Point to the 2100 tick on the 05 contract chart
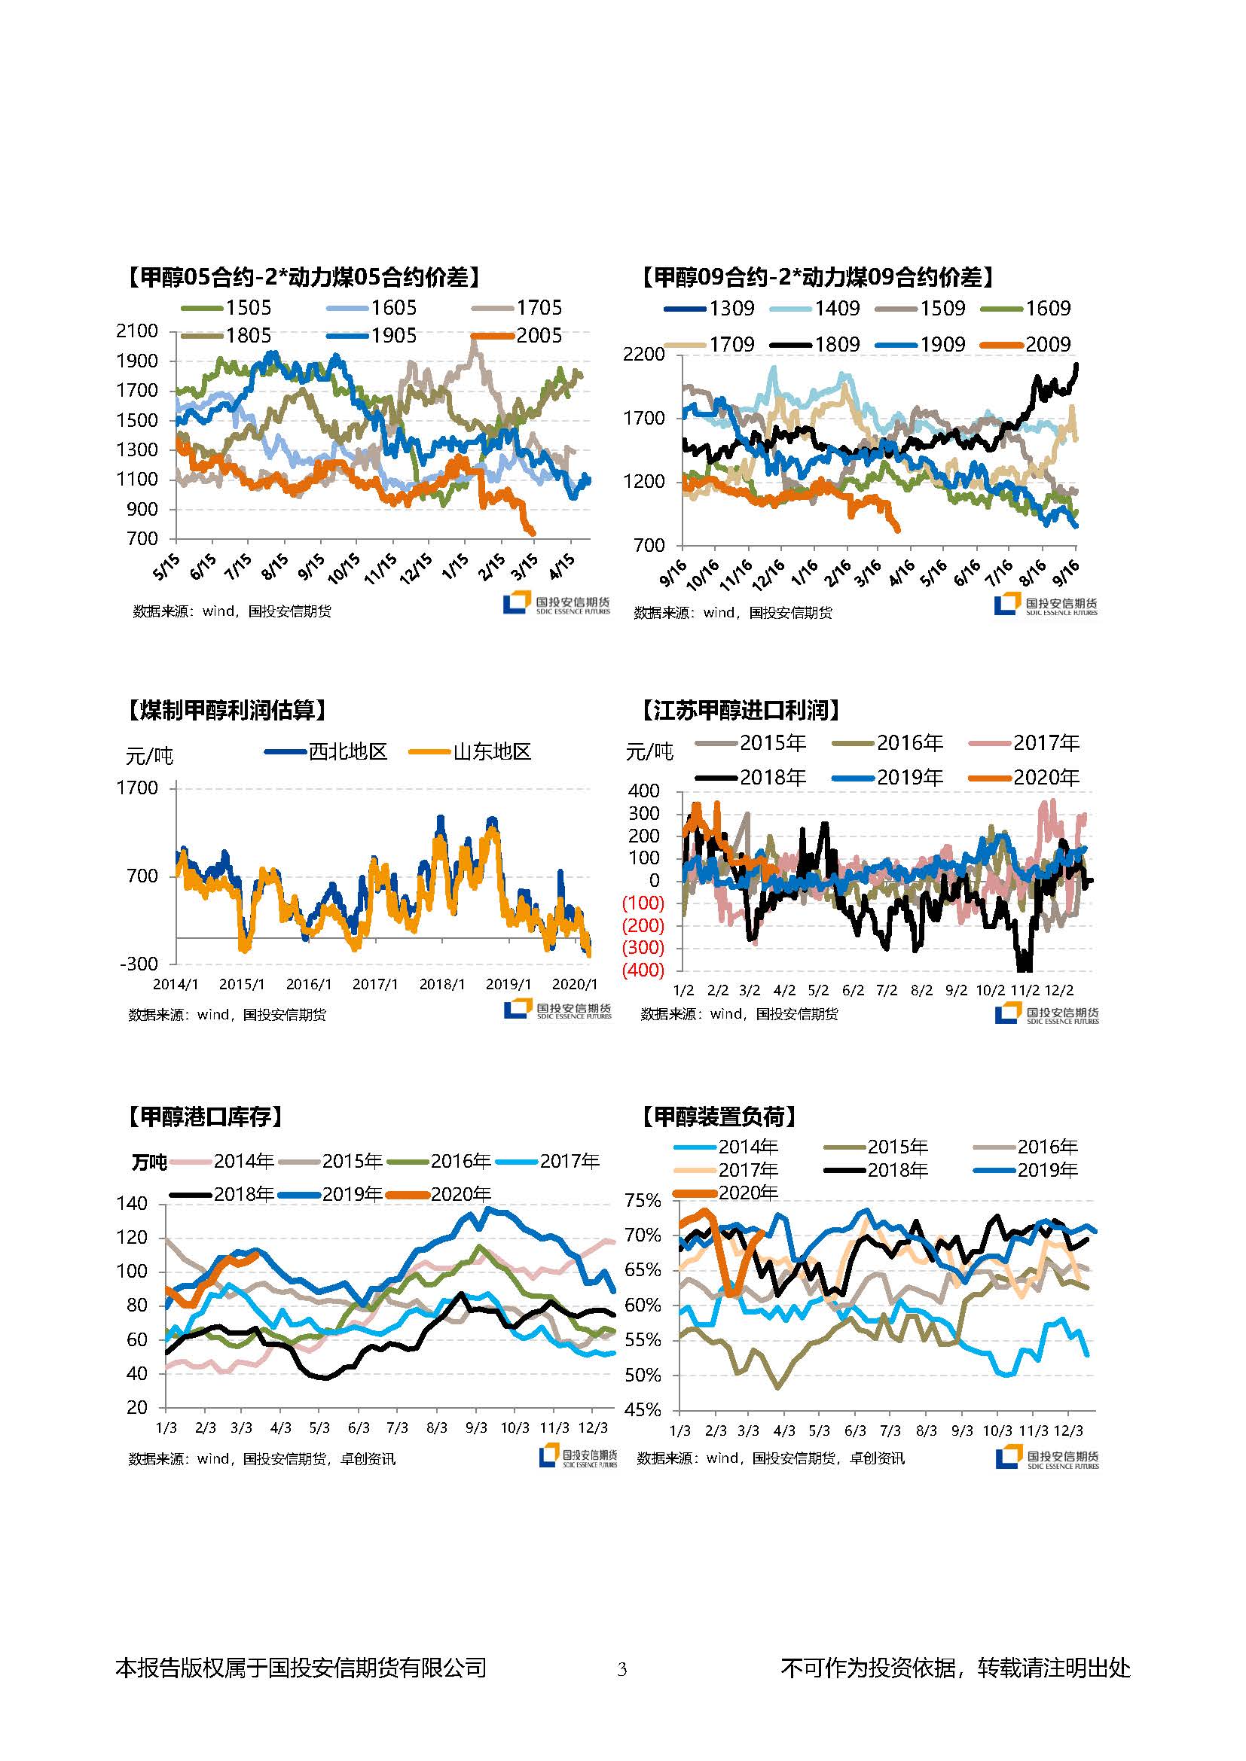pos(136,331)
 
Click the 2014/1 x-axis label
pos(176,984)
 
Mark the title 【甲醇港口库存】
pos(205,1117)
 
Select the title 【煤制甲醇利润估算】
pos(226,710)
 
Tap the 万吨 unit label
pos(149,1162)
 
